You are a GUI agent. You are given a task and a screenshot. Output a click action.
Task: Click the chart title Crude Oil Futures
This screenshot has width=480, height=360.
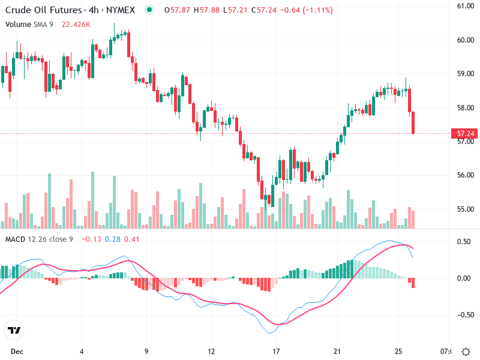[x=41, y=10]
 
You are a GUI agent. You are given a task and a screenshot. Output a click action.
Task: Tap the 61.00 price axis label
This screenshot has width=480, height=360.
[x=466, y=6]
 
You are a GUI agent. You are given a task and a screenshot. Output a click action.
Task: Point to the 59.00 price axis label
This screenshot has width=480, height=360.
[x=466, y=74]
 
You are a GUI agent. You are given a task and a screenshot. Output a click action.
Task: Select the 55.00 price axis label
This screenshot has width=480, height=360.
[x=466, y=209]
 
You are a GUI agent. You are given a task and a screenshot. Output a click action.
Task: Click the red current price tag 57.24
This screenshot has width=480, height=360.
[x=466, y=134]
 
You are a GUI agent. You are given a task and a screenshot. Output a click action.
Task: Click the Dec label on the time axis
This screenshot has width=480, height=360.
[x=16, y=350]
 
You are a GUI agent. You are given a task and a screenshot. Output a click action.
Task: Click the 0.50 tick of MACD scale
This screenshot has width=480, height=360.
[x=464, y=242]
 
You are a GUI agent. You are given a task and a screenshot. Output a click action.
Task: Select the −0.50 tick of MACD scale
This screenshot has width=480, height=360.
[x=463, y=314]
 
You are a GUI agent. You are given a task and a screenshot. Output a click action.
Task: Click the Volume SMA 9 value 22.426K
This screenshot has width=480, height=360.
[x=76, y=24]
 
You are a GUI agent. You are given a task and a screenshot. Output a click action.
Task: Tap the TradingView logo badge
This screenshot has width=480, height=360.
[x=14, y=331]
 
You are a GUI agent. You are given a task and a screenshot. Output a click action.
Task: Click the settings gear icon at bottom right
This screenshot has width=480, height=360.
[x=466, y=351]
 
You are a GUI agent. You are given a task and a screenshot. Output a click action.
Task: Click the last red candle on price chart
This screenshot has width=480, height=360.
[x=413, y=122]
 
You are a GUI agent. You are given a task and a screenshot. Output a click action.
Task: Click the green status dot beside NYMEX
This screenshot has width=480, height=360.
[x=149, y=10]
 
